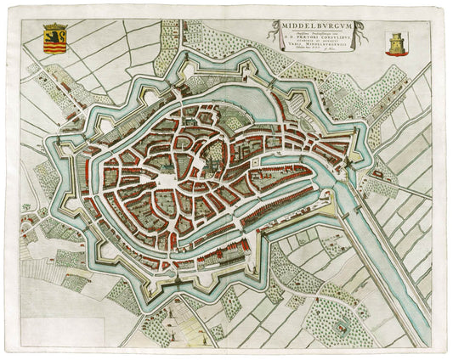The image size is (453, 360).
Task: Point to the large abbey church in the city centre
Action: (x=214, y=154)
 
